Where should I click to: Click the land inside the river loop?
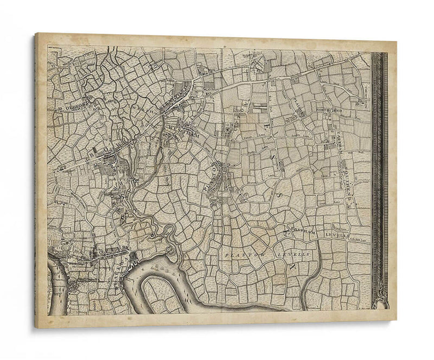point(163,295)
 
